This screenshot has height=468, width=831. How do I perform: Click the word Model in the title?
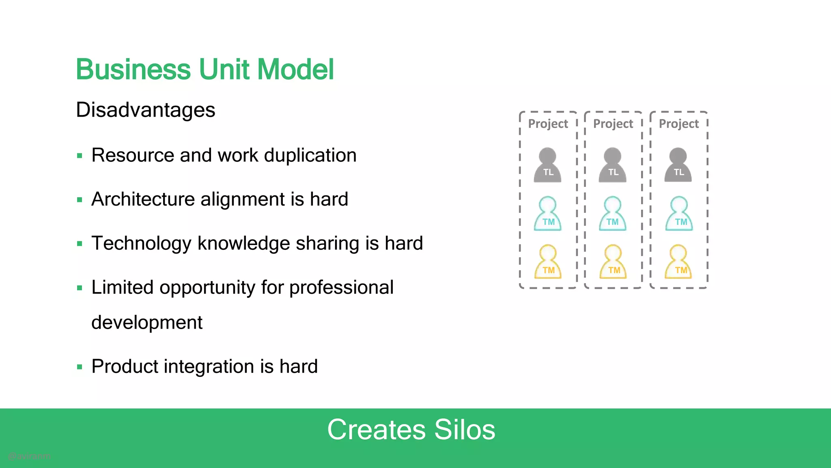[x=295, y=69]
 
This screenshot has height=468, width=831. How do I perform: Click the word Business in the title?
[x=133, y=69]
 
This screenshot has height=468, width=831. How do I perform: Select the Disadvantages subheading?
[x=145, y=110]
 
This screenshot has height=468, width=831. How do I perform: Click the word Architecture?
[x=143, y=199]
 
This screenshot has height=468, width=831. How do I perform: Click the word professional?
[x=341, y=288]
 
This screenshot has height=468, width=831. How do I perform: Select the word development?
[x=146, y=323]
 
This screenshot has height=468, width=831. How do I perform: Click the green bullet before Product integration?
[x=80, y=367]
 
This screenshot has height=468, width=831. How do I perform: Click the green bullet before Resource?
[x=80, y=156]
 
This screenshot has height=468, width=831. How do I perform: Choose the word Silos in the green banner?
[x=465, y=430]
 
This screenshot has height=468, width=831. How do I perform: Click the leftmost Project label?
[x=548, y=124]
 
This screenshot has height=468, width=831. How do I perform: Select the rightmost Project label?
[x=678, y=124]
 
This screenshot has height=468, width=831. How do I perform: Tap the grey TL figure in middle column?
[x=613, y=165]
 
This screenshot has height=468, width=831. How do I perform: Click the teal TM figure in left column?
[x=548, y=214]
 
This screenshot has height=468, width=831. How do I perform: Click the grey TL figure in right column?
[x=678, y=165]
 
